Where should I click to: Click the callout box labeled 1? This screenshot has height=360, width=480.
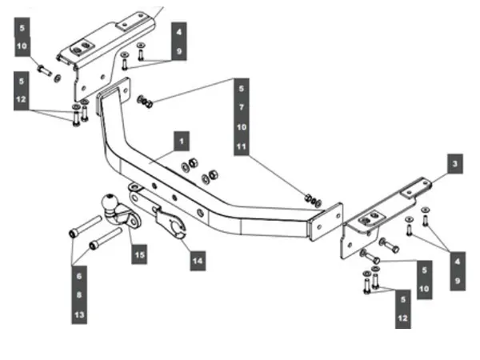point(182,141)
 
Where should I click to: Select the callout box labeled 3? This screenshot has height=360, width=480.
point(454,164)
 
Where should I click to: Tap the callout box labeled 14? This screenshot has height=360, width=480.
point(198,261)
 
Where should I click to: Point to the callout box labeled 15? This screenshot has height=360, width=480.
point(139,254)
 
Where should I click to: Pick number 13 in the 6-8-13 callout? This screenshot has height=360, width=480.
point(79,314)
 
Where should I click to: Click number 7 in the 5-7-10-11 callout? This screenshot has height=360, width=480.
point(242,107)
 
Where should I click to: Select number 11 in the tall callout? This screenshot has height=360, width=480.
point(242,146)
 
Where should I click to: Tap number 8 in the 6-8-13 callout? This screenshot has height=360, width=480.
point(79,295)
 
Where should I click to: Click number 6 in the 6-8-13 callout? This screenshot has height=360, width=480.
point(79,276)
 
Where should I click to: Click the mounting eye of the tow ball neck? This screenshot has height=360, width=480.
point(134,220)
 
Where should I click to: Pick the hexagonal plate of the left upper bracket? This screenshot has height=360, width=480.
point(82,47)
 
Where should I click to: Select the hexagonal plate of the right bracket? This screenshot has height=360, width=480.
point(370,218)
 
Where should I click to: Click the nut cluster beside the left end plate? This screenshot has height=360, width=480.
point(145,102)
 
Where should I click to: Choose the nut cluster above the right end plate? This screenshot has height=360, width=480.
point(313,199)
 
